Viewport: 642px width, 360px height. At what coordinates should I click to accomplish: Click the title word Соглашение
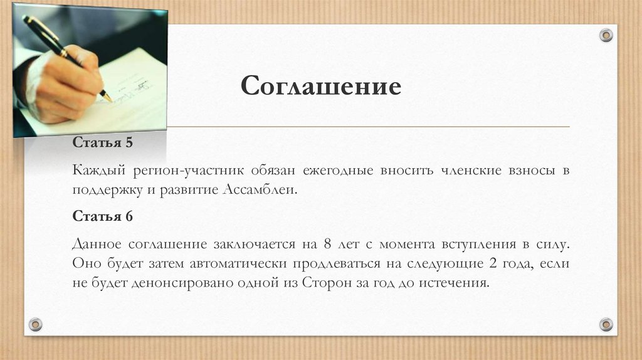pos(320,86)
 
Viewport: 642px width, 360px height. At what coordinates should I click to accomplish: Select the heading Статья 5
pos(103,143)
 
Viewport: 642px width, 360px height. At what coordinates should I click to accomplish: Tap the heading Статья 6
pos(103,216)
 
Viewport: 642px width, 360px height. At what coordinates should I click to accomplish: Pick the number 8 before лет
pos(326,244)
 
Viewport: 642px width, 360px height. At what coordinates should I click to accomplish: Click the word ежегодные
pos(338,171)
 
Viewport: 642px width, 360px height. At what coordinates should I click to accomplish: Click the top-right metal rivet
pos(606,35)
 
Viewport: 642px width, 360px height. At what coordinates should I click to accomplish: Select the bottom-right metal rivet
pos(606,324)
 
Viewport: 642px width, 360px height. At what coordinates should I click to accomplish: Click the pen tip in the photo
pos(109,98)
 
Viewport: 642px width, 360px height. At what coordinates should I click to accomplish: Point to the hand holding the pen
pos(66,85)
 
